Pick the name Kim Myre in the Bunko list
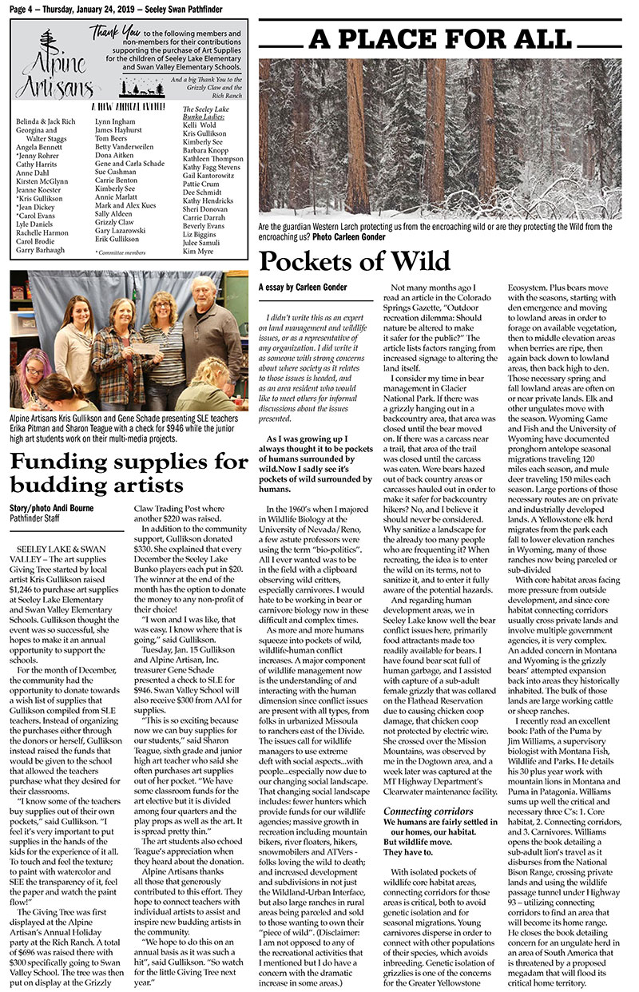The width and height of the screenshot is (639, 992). coord(199,251)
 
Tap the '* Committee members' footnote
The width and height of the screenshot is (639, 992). coord(121,252)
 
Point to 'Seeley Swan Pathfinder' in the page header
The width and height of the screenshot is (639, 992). coord(188,6)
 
